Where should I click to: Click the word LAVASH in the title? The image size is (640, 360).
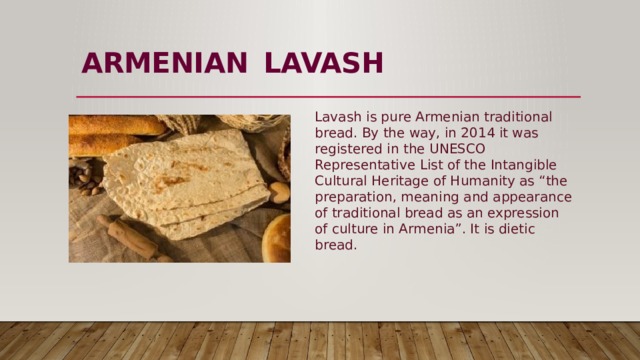(324, 64)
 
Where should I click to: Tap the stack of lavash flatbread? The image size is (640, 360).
(185, 180)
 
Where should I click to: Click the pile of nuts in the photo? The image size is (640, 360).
(85, 177)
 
